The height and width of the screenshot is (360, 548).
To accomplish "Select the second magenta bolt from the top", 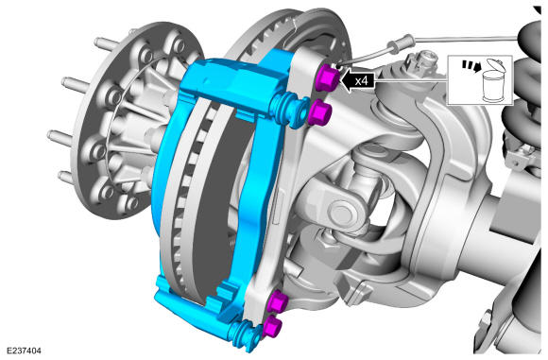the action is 318,111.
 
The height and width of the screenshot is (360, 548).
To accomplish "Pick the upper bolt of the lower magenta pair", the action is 277,300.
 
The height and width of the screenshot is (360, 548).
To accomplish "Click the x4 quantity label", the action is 361,81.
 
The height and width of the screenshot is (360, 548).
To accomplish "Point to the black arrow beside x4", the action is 357,80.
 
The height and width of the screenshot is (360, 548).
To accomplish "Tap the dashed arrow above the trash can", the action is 471,67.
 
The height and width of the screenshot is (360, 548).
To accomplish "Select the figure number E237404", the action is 24,351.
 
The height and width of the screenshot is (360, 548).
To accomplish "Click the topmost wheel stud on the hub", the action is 106,43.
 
